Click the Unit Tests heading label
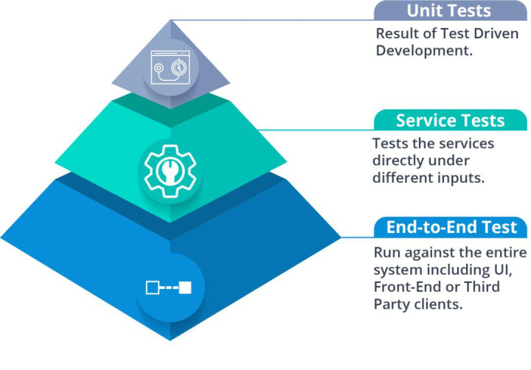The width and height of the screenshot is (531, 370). point(448,11)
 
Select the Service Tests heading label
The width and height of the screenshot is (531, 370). point(450,121)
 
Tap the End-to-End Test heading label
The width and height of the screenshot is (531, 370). point(452,227)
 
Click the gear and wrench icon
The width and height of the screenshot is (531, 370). point(170,171)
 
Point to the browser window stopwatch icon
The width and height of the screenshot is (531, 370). point(170,67)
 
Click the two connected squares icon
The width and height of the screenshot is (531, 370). point(169,287)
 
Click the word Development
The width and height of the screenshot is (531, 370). point(424,51)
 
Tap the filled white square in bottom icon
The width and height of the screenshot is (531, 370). point(185,287)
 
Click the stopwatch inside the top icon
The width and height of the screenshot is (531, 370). point(178,67)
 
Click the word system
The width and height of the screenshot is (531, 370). point(398,270)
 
